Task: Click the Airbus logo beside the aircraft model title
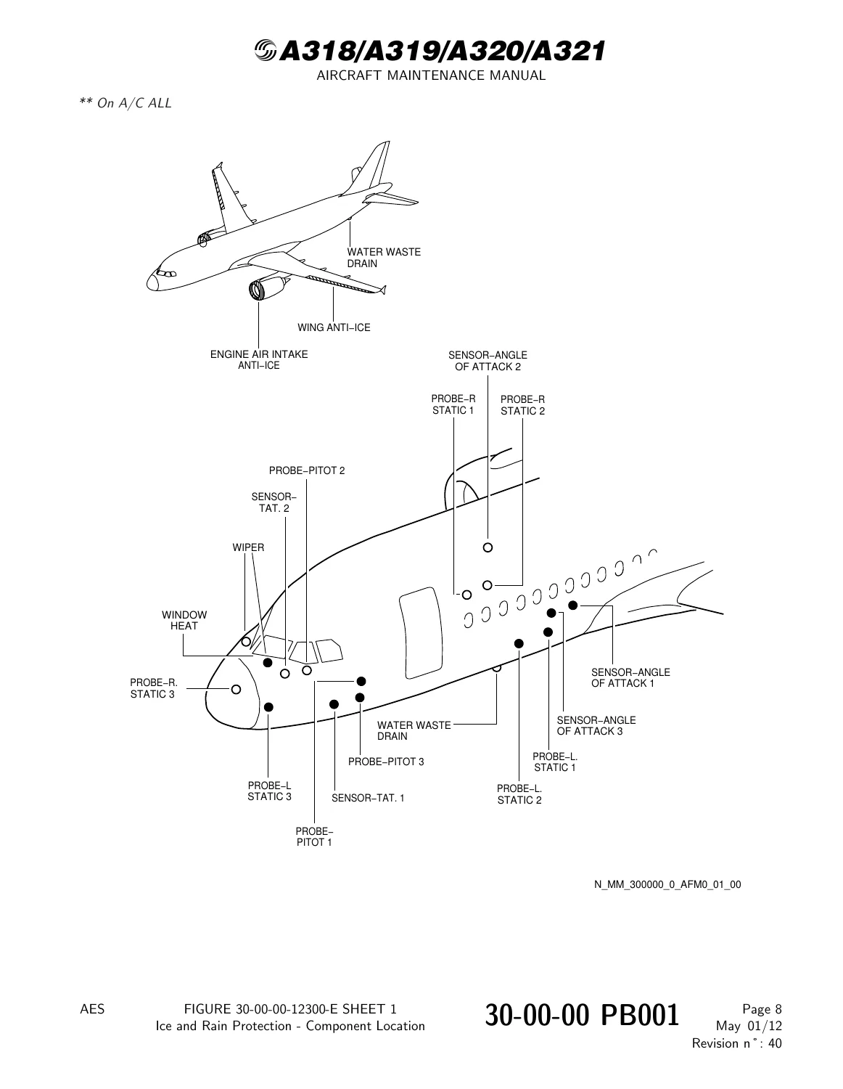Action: tap(266, 51)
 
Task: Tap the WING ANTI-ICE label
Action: tap(334, 327)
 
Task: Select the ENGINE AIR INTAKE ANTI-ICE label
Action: tap(259, 360)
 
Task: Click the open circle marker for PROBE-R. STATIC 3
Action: tap(236, 689)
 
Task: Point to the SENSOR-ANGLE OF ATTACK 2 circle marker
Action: tap(488, 547)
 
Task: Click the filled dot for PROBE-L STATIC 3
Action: tap(268, 707)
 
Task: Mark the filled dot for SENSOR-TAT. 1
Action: tap(334, 704)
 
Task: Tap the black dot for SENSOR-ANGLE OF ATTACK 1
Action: tap(573, 605)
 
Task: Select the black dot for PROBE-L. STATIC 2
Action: tap(519, 643)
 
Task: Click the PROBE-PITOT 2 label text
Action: tap(307, 470)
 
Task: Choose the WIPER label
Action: tap(248, 547)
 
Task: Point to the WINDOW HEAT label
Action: tap(184, 620)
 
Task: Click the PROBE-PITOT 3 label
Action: tap(386, 762)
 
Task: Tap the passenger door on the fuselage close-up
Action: tap(421, 633)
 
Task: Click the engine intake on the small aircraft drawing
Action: tap(256, 290)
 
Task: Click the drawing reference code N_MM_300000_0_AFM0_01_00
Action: tap(667, 884)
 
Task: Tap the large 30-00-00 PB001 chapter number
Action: tap(582, 1016)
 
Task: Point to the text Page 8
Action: tap(762, 1009)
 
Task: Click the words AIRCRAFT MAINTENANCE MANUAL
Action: tap(431, 76)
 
